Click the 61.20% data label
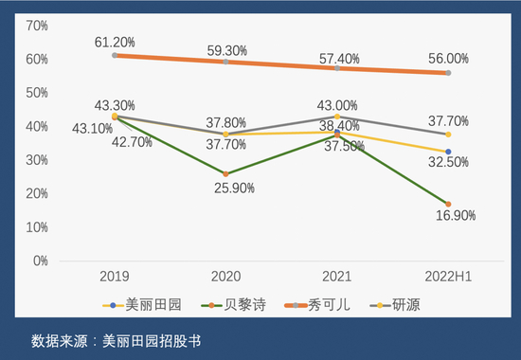pyautogui.click(x=115, y=42)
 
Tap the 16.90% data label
pyautogui.click(x=456, y=215)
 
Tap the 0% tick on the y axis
pyautogui.click(x=40, y=261)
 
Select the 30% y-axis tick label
pyautogui.click(x=36, y=160)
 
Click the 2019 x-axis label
pyautogui.click(x=115, y=276)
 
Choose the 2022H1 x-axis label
pyautogui.click(x=448, y=276)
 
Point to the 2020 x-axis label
pyautogui.click(x=226, y=276)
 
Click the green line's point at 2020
pyautogui.click(x=226, y=173)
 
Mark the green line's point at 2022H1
pyautogui.click(x=448, y=204)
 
